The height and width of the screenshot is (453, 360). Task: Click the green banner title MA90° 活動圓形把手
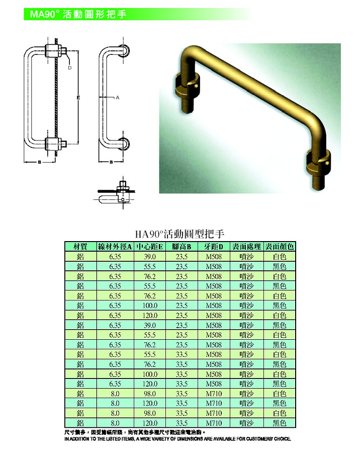pos(78,14)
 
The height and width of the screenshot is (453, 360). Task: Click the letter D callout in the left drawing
pos(69,67)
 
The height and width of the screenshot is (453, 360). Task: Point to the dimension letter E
pos(78,98)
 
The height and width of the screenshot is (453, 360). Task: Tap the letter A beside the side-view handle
pos(118,98)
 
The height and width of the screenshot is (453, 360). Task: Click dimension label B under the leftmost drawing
pos(40,162)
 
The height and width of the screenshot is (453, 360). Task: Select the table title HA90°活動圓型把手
pos(179,234)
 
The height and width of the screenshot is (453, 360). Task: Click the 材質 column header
pos(80,247)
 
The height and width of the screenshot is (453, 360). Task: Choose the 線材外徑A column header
pos(115,247)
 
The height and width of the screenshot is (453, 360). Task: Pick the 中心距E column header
pos(149,247)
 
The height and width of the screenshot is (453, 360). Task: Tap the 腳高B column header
pos(182,247)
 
